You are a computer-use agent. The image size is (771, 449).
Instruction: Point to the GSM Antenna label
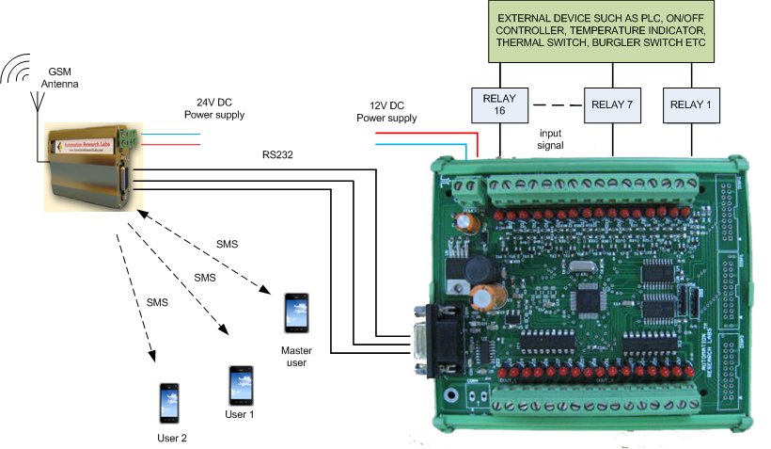click(59, 77)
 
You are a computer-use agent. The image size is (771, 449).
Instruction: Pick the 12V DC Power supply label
click(386, 112)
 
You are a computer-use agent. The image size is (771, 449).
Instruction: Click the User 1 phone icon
click(239, 385)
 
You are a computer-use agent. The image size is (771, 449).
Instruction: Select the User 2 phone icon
click(169, 403)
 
